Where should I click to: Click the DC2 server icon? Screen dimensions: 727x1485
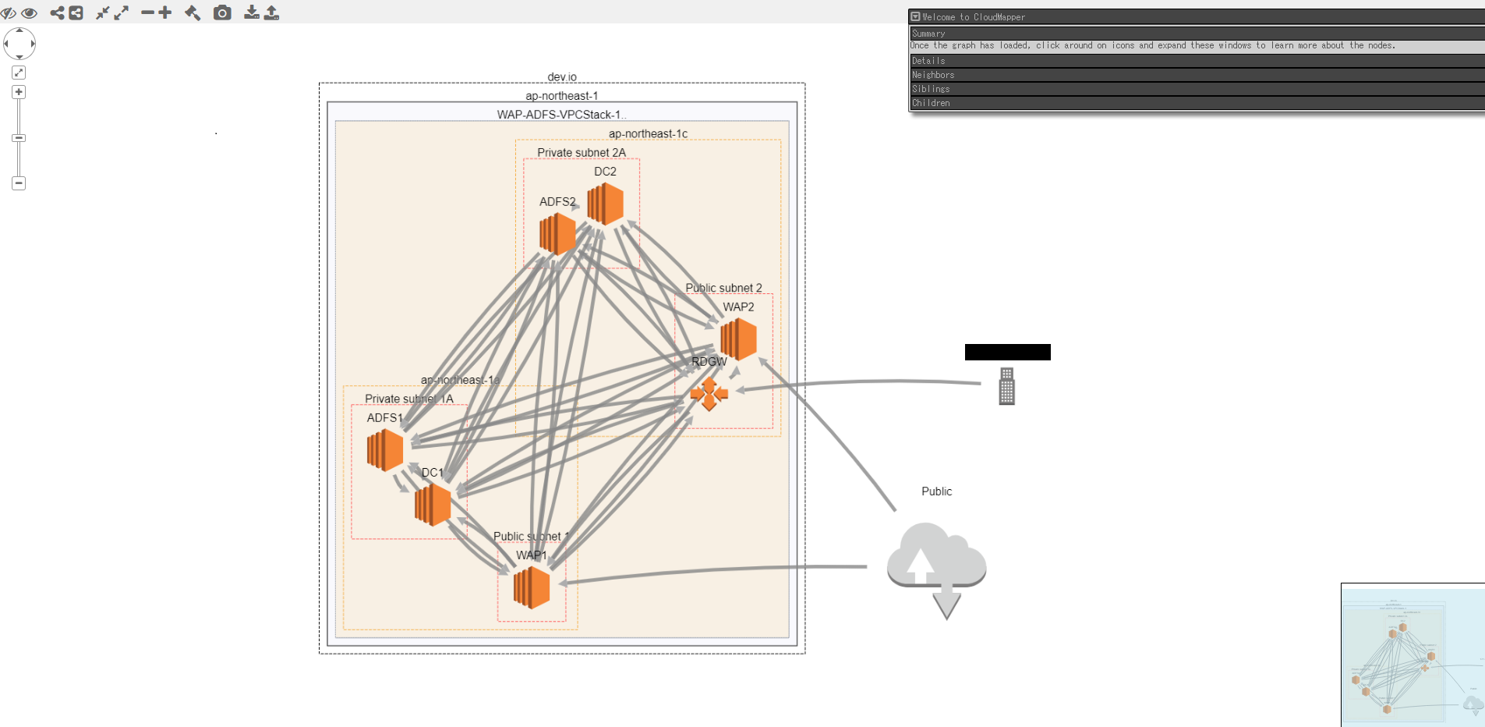(606, 204)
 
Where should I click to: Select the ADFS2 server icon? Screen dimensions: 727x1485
(557, 233)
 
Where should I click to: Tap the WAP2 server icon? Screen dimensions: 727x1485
(738, 339)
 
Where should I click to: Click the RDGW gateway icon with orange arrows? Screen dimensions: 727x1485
(709, 394)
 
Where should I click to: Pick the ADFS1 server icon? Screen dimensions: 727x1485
(385, 450)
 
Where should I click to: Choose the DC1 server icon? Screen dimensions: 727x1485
(433, 505)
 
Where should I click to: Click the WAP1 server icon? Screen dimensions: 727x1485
(532, 587)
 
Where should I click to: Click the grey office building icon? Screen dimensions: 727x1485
(1006, 386)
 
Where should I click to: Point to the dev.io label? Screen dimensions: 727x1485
(562, 76)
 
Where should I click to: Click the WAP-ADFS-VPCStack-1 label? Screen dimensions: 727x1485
(560, 115)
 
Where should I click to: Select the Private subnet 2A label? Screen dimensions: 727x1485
(581, 152)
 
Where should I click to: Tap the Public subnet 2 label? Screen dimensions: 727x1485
(723, 288)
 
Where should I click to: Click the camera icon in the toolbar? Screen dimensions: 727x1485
(222, 12)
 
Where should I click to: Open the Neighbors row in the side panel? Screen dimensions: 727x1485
(933, 75)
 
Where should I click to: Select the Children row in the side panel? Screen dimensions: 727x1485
(931, 103)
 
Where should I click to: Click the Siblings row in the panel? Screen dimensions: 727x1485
(931, 89)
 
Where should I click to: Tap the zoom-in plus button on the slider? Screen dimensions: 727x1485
(19, 92)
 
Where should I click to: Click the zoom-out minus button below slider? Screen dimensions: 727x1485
(19, 183)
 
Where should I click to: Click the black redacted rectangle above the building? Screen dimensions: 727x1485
(1007, 352)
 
